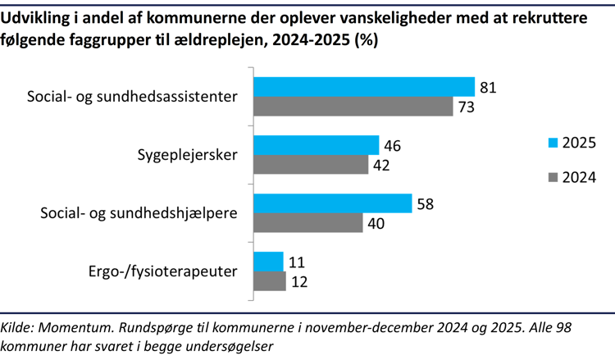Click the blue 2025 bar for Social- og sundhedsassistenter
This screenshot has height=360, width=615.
click(363, 87)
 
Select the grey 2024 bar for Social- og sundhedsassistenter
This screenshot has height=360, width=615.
click(353, 107)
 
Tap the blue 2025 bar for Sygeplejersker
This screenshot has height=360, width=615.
click(316, 145)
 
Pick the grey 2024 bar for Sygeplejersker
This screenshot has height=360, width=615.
click(310, 165)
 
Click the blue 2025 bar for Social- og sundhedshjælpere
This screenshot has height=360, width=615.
click(332, 203)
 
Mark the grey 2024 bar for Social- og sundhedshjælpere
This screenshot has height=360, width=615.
click(307, 223)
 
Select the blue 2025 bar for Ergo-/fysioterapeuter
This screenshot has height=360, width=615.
click(268, 262)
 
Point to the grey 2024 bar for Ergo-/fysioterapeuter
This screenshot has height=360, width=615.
click(269, 281)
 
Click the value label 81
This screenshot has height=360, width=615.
click(489, 87)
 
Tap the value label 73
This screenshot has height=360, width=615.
click(467, 107)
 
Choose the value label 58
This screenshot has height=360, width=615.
click(426, 203)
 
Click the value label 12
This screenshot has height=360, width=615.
click(299, 281)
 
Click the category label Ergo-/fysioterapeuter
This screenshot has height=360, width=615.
click(162, 271)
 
